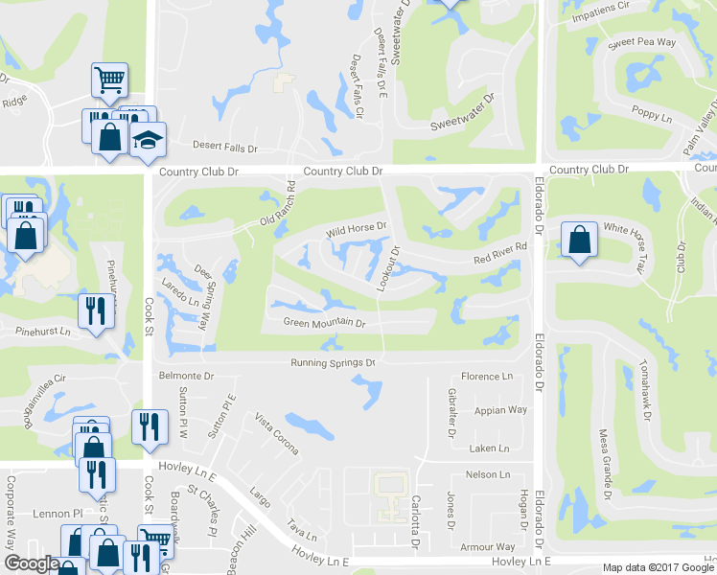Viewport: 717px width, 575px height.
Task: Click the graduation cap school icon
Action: [x=148, y=141]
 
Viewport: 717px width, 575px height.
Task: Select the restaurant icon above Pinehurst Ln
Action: [x=93, y=310]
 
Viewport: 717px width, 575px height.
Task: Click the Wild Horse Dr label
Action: [x=355, y=229]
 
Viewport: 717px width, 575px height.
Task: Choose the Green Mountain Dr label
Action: [x=325, y=324]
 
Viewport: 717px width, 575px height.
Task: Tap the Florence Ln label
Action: [x=488, y=377]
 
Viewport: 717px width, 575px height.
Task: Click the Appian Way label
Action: [x=500, y=410]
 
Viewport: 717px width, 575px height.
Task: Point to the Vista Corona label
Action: [x=275, y=434]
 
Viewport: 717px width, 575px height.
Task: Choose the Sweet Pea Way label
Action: [x=641, y=43]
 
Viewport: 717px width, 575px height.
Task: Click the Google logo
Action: [x=32, y=563]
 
